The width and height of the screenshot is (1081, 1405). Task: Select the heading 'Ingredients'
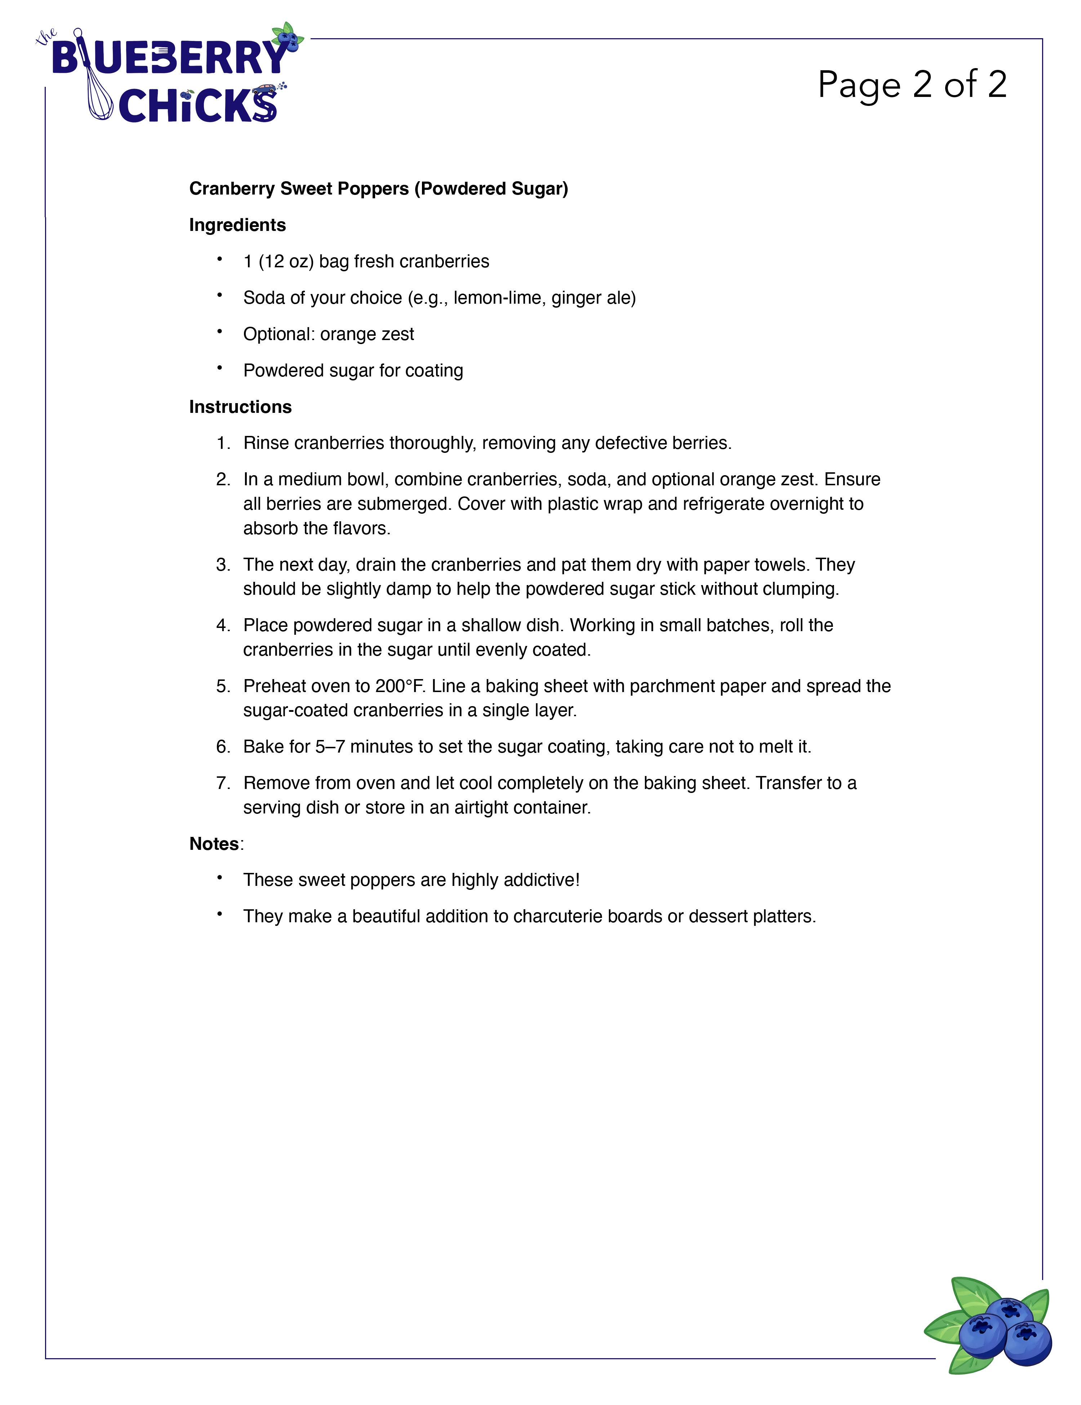click(x=237, y=225)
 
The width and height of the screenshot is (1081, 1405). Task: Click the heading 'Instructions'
click(x=240, y=407)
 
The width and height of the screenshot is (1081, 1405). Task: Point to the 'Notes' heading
click(x=214, y=844)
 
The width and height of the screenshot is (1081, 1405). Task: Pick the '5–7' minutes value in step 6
click(x=329, y=747)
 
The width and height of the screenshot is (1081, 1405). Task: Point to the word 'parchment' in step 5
click(x=669, y=686)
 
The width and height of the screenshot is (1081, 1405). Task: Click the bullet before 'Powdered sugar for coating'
click(x=219, y=368)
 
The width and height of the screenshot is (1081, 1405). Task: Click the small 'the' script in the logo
click(x=46, y=37)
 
